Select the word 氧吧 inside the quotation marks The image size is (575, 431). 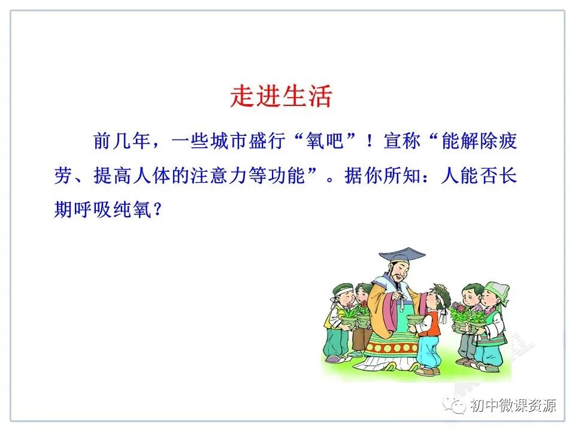pyautogui.click(x=323, y=142)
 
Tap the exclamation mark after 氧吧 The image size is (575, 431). pyautogui.click(x=371, y=142)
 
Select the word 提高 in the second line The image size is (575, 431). pyautogui.click(x=112, y=177)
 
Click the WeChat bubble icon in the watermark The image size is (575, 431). pyautogui.click(x=458, y=406)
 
